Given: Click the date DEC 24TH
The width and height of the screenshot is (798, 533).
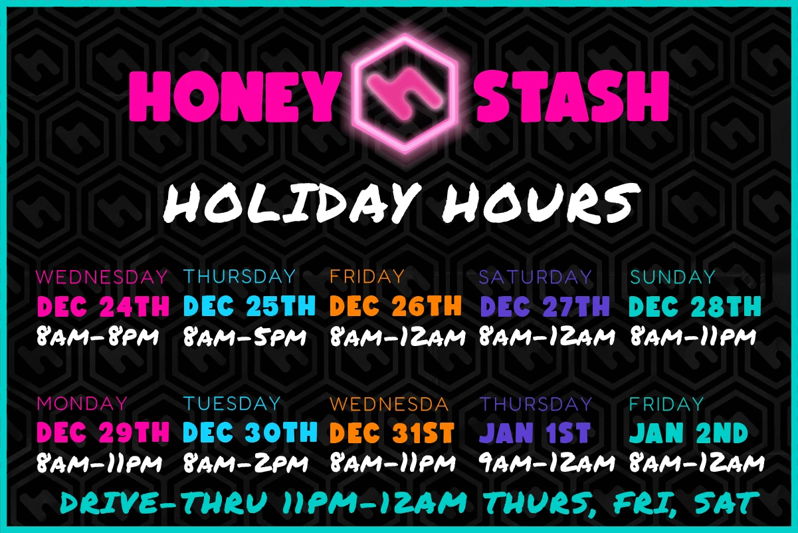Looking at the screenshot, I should point(103,306).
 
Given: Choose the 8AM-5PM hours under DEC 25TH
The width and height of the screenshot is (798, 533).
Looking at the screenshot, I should point(245,337).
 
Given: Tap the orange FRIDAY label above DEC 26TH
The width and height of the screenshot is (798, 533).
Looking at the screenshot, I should point(367,276).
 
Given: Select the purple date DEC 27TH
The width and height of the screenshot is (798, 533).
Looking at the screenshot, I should point(545,306).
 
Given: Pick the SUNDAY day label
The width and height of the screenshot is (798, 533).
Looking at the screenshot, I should point(672,276).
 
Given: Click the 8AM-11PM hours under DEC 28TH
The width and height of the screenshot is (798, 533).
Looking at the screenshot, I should point(692,337).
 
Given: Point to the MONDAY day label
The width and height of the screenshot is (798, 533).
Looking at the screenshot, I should point(82,403).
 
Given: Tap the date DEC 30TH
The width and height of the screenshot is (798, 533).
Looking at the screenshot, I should point(250,433).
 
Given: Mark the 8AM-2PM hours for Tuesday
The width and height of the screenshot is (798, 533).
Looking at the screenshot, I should point(245,462).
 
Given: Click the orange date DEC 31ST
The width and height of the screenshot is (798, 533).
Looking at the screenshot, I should point(392,433).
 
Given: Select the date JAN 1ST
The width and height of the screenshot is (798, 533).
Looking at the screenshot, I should point(535,433).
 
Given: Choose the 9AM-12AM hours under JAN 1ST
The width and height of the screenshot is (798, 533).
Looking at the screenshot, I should point(546,462).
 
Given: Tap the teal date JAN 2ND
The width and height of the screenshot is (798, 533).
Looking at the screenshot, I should point(688,433).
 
